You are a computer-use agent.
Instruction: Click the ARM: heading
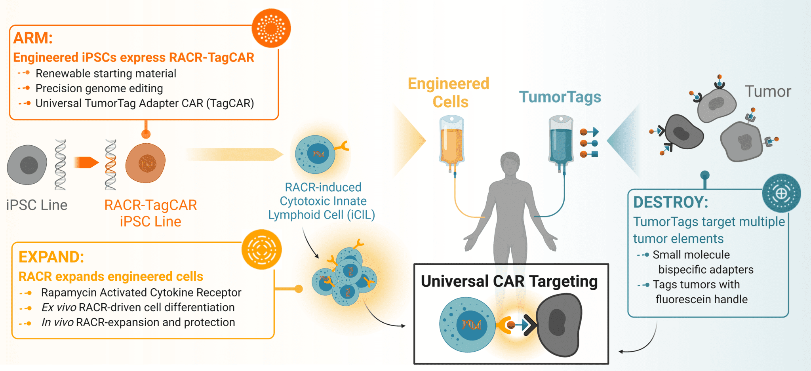point(33,38)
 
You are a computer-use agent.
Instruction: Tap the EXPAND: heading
point(51,257)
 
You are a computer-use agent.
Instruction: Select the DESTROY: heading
point(670,202)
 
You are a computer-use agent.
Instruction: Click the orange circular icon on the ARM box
point(271,28)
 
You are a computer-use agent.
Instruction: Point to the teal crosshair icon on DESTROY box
point(781,193)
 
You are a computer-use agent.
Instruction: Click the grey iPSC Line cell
point(27,165)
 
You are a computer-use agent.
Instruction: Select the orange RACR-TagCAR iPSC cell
point(146,163)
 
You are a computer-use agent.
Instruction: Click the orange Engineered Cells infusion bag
point(451,141)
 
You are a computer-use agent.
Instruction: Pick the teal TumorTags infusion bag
point(560,141)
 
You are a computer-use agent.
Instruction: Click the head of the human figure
point(510,163)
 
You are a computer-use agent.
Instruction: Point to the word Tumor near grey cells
point(767,91)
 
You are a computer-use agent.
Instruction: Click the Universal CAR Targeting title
point(509,281)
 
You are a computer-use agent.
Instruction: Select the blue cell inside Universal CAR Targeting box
point(467,324)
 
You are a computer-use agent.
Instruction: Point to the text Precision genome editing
point(99,88)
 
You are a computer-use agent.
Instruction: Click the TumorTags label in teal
point(560,97)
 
